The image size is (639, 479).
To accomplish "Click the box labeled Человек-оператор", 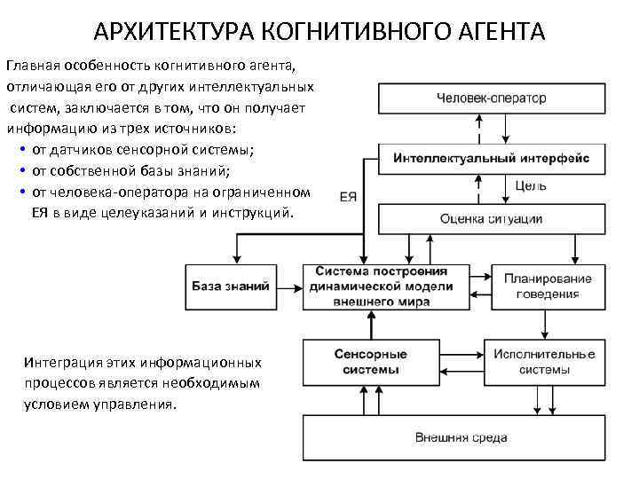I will tap(491, 98).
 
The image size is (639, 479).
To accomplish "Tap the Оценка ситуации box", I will tap(491, 219).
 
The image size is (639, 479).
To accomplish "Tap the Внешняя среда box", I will tap(461, 437).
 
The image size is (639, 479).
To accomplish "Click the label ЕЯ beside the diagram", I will tap(349, 197).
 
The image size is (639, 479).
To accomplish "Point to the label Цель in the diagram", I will tap(531, 186).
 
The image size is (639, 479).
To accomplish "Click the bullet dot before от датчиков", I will tap(20, 150).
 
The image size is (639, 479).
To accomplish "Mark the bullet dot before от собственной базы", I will tap(20, 171).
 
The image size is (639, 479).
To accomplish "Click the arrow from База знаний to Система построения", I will tap(286, 287).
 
